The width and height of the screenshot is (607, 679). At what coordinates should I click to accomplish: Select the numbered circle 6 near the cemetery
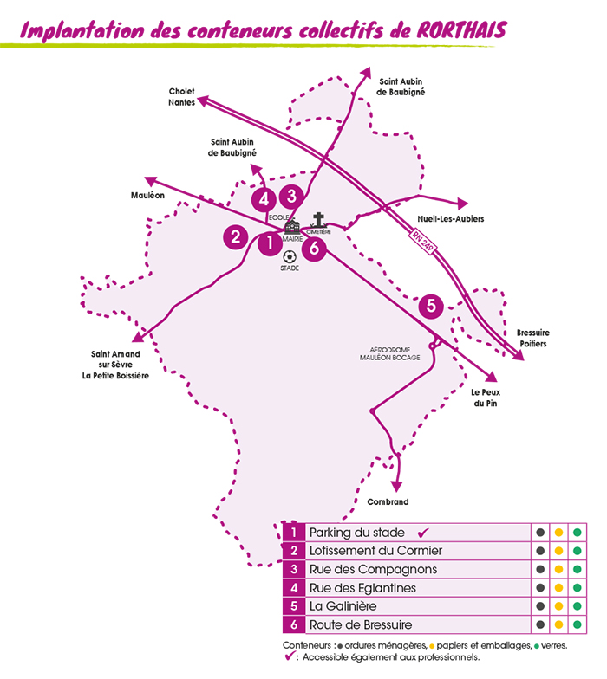pyautogui.click(x=314, y=249)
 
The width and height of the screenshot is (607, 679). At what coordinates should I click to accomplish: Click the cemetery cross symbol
pyautogui.click(x=319, y=220)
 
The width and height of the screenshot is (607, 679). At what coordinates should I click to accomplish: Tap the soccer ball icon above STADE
pyautogui.click(x=289, y=256)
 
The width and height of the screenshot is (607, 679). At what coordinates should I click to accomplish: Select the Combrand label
pyautogui.click(x=387, y=502)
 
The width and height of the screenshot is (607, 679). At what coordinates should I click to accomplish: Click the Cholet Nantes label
pyautogui.click(x=181, y=96)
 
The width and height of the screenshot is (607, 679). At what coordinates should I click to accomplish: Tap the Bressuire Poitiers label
pyautogui.click(x=532, y=338)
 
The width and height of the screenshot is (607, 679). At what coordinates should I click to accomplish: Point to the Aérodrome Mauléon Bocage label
pyautogui.click(x=395, y=353)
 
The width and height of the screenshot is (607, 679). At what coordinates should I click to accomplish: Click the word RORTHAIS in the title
pyautogui.click(x=451, y=30)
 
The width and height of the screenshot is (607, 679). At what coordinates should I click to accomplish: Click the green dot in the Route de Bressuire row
pyautogui.click(x=577, y=624)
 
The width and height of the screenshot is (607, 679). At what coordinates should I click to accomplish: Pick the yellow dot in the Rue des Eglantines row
pyautogui.click(x=559, y=588)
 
